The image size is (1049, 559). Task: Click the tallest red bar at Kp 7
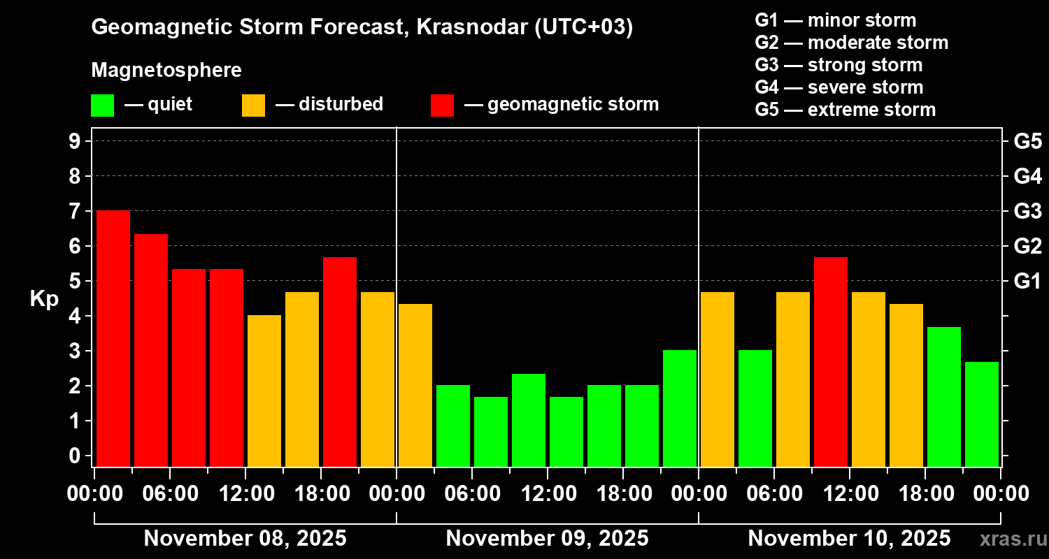pos(113,338)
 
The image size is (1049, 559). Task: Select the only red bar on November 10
pos(831,361)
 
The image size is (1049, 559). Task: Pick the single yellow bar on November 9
pos(415,385)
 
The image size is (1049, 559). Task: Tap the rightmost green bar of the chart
pos(982,414)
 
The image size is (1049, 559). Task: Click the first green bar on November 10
pos(755,408)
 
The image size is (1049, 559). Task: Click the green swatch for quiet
pos(102,106)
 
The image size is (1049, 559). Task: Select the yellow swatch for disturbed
pos(253,106)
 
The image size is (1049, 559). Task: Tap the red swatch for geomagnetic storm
pos(442,106)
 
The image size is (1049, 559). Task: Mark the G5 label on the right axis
pos(1027,141)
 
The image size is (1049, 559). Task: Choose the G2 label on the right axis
pos(1027,246)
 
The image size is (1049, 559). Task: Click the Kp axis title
pos(44,299)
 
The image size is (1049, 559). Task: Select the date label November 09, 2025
pos(547,539)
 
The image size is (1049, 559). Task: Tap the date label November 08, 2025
pos(245,539)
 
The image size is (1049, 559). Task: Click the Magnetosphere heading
pos(166,71)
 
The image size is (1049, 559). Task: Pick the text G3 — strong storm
pos(839,65)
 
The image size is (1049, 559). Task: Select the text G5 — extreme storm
pos(845,110)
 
